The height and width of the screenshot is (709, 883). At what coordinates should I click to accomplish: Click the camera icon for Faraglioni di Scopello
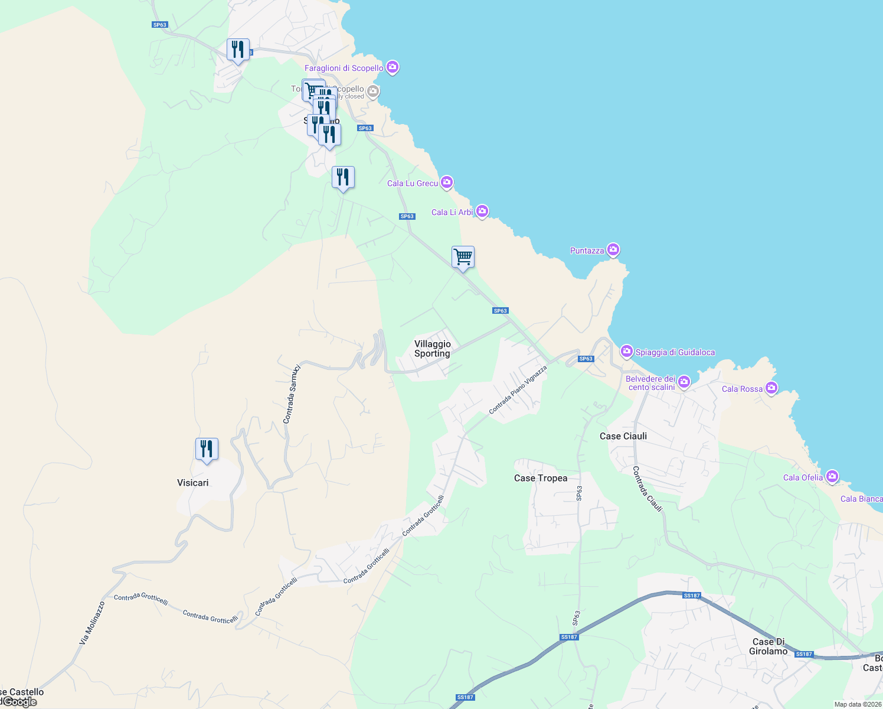click(x=393, y=67)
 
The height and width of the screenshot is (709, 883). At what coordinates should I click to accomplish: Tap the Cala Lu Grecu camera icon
click(x=447, y=183)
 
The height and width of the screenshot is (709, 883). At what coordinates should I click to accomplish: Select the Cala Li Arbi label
click(x=452, y=212)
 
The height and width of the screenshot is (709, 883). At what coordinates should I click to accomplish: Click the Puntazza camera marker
click(x=613, y=250)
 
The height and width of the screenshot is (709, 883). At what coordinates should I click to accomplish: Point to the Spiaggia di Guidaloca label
click(x=675, y=352)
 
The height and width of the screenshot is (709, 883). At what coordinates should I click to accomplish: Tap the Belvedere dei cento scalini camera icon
click(x=684, y=382)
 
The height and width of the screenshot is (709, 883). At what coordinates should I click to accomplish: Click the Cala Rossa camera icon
click(x=771, y=388)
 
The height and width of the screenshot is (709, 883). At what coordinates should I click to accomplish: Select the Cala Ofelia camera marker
click(x=832, y=476)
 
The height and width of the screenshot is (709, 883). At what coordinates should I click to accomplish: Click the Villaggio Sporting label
click(x=432, y=349)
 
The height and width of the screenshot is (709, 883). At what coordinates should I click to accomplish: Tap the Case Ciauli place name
click(x=623, y=436)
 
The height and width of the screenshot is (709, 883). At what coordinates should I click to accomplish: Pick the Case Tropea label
click(x=540, y=478)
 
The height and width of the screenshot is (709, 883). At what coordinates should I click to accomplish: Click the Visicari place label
click(x=192, y=483)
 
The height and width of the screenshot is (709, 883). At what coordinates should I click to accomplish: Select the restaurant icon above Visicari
click(x=207, y=449)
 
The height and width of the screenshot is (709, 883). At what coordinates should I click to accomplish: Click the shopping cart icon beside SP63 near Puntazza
click(x=463, y=257)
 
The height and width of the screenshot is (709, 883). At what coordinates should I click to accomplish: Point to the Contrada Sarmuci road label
click(x=292, y=394)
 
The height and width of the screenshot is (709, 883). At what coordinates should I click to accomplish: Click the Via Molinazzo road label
click(x=92, y=623)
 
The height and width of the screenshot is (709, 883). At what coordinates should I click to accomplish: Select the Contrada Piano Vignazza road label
click(x=518, y=389)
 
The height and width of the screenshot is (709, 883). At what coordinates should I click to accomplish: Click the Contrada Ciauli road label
click(x=647, y=489)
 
